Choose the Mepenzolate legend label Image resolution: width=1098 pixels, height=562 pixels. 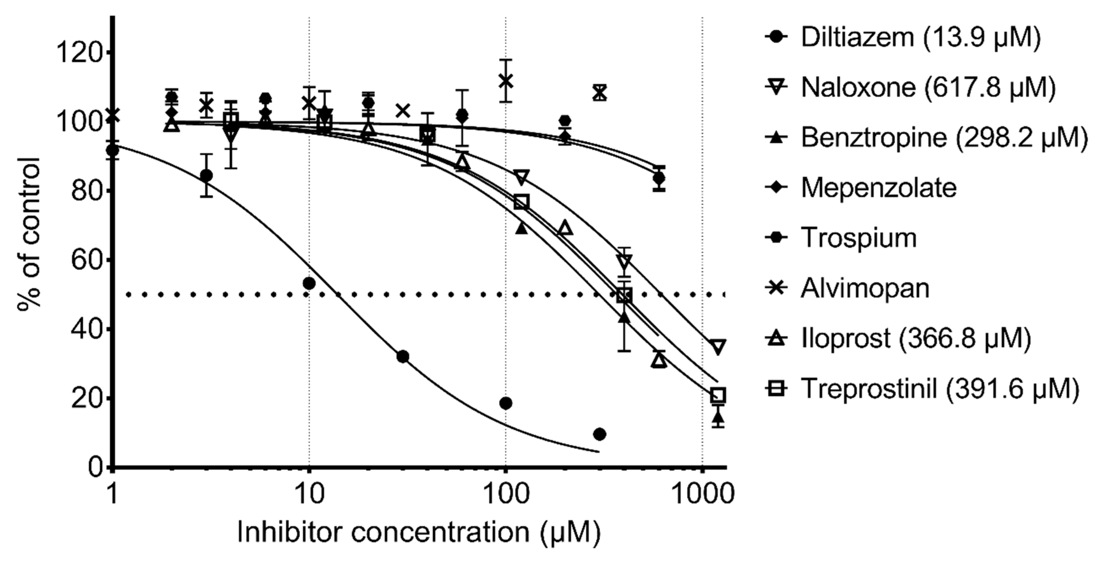click(878, 188)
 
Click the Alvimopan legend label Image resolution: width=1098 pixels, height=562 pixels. click(865, 288)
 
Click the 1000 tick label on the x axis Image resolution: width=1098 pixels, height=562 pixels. click(702, 494)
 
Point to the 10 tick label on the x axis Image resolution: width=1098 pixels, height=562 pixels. click(309, 494)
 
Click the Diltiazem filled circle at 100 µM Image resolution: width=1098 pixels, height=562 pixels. click(506, 403)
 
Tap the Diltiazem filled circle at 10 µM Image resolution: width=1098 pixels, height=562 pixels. click(309, 283)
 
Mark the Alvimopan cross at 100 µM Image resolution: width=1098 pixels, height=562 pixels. click(506, 80)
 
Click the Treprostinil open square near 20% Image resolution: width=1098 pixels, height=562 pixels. click(718, 395)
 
